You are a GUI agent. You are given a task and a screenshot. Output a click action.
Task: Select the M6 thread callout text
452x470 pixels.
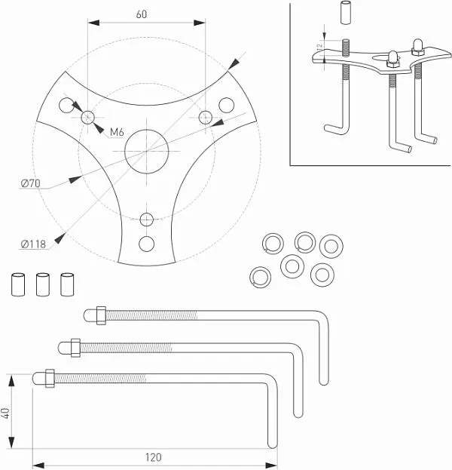[x=117, y=133]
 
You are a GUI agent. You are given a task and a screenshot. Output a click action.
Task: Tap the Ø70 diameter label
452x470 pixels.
[x=32, y=183]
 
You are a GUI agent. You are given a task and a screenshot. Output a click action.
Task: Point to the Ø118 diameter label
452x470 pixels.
[x=33, y=244]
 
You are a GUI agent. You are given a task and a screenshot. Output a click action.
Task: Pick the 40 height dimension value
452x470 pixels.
[x=6, y=413]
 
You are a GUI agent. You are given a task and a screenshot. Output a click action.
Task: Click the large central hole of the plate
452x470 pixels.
[x=146, y=149]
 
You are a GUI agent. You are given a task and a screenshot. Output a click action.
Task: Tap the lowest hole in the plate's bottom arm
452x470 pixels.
[x=146, y=244]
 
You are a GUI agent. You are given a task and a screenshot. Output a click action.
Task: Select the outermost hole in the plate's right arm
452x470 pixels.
[x=225, y=103]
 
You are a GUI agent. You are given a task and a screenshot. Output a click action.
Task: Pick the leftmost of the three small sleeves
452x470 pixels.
[x=17, y=284]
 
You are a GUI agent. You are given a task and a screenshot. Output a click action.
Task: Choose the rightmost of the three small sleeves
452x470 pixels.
[x=67, y=284]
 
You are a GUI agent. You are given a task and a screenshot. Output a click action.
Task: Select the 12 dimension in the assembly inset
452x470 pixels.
[x=319, y=46]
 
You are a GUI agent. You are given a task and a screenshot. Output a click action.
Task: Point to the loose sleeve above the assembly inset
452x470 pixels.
[x=346, y=14]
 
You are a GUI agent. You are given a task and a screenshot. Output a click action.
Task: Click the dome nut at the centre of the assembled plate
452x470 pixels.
[x=392, y=58]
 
